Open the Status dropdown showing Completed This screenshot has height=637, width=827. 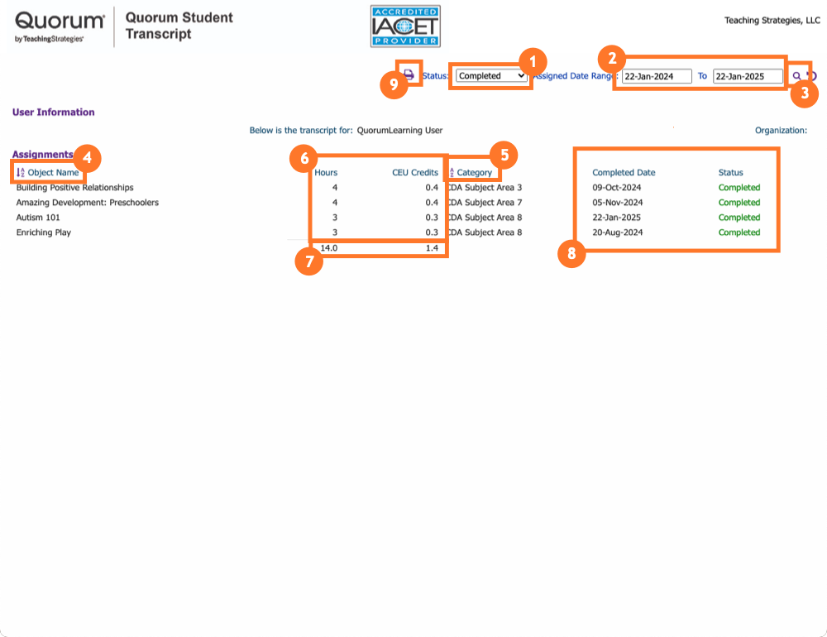[491, 76]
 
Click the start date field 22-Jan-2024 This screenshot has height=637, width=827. [657, 76]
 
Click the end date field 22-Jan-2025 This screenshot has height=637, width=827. [748, 76]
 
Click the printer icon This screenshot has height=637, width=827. [409, 74]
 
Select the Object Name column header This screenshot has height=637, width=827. [53, 173]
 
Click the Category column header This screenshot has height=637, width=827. [474, 173]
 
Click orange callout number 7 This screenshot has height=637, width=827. [308, 262]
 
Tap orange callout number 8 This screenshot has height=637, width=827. [571, 254]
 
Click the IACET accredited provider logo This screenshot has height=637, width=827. [405, 26]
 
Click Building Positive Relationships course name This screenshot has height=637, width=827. [74, 188]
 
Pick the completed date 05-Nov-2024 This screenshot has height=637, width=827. [618, 203]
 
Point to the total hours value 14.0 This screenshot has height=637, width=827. [328, 247]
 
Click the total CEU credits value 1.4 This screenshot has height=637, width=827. [431, 247]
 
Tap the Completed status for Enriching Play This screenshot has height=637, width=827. [739, 232]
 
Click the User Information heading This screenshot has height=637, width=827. [53, 113]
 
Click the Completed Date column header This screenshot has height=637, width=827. [624, 173]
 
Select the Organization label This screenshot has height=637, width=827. [781, 131]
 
